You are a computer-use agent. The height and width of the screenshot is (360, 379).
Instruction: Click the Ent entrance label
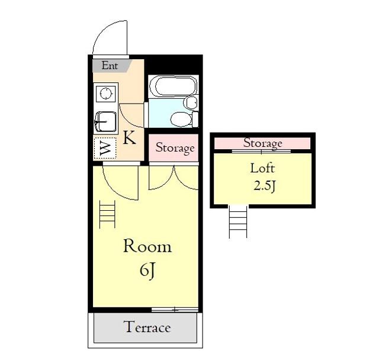[110, 66]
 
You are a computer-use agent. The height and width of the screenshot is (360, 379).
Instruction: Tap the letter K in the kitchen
[129, 138]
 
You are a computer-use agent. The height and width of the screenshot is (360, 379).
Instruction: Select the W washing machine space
[105, 148]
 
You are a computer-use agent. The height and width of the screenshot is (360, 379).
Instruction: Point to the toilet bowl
[182, 120]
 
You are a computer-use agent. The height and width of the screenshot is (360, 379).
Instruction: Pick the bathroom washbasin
[191, 102]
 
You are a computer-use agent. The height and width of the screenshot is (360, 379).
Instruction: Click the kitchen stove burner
[106, 94]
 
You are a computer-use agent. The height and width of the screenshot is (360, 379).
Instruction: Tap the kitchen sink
[105, 122]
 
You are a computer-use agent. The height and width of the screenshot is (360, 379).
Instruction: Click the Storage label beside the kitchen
[175, 148]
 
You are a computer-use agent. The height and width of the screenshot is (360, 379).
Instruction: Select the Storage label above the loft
[262, 143]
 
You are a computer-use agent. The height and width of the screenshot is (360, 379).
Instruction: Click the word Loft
[262, 168]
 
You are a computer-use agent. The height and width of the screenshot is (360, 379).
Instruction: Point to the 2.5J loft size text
[265, 187]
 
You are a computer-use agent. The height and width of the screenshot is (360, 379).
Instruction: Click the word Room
[147, 246]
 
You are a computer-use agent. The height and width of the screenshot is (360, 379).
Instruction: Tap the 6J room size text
[147, 271]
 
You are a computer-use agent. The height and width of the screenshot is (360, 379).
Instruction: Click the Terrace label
[147, 327]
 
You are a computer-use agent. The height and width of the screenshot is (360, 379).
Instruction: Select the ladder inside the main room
[107, 214]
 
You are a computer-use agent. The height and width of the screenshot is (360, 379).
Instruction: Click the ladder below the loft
[238, 222]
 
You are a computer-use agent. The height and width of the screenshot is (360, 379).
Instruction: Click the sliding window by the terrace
[175, 310]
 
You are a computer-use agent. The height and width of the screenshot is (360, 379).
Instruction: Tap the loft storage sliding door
[261, 152]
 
